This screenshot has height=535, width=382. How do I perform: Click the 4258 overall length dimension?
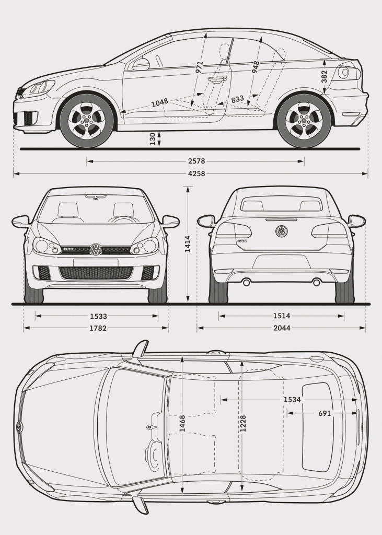196,173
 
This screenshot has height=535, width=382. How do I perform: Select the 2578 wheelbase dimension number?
196,161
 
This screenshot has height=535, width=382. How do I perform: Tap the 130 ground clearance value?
152,138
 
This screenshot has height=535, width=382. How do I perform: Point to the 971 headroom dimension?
199,67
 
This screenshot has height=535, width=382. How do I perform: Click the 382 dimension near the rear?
325,76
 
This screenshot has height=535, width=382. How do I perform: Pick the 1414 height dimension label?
188,244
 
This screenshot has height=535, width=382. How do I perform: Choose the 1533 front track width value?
98,316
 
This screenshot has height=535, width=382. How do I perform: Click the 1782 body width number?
98,328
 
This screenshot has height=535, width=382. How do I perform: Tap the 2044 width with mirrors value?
282,328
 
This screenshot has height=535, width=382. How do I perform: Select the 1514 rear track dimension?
282,316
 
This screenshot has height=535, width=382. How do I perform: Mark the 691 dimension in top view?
325,413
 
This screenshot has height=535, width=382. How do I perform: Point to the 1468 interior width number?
182,423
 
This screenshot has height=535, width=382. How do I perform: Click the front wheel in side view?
86,121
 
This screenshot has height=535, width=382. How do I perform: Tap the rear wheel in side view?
304,121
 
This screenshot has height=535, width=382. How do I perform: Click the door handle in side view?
217,79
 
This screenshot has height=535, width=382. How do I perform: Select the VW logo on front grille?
96,250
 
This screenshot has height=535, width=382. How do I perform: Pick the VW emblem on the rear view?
282,231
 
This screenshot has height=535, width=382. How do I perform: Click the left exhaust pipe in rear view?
247,282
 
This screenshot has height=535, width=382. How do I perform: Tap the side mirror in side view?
141,64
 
